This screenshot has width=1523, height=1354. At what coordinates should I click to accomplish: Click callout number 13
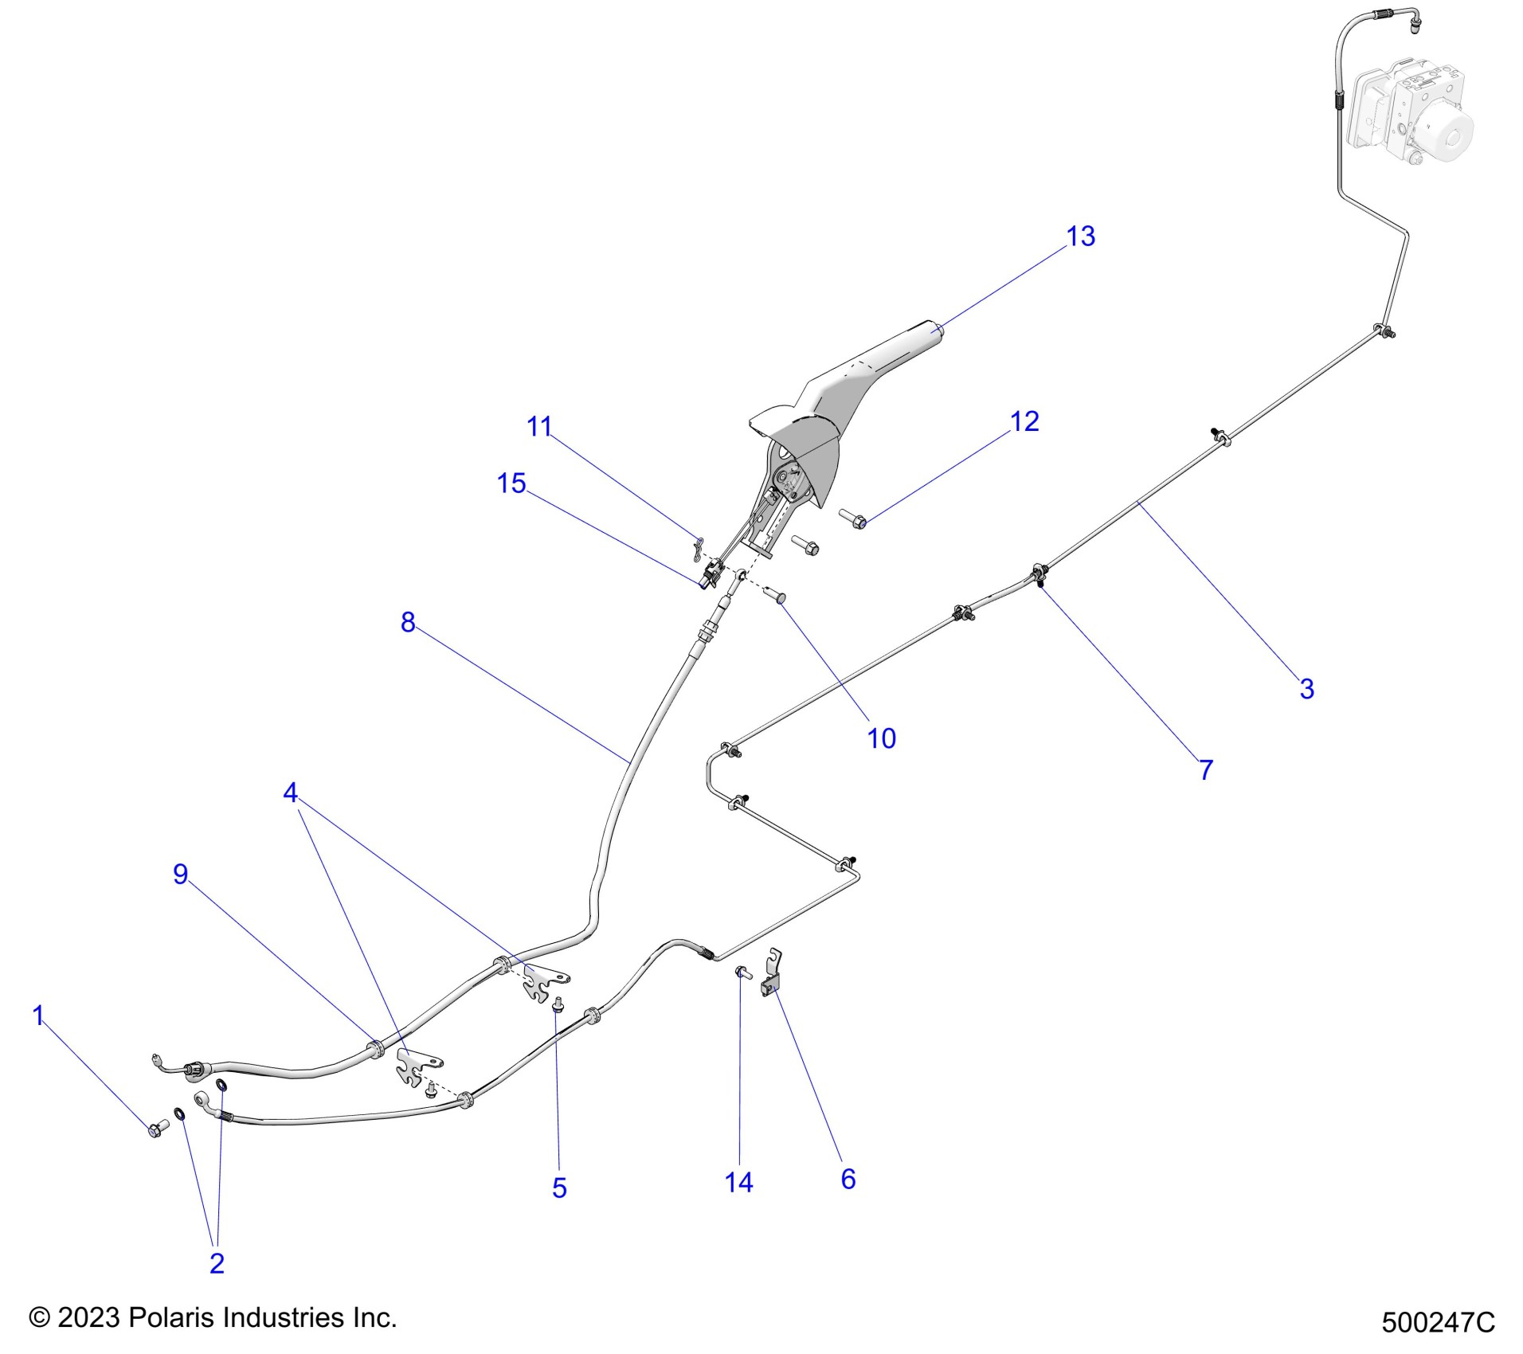(1080, 237)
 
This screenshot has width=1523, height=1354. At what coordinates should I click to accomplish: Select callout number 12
(1024, 421)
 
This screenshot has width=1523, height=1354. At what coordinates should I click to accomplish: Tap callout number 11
(539, 427)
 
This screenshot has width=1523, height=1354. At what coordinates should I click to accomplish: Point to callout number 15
(511, 483)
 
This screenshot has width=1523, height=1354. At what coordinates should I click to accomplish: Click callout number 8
(408, 622)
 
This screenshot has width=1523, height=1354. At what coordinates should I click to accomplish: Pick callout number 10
(881, 738)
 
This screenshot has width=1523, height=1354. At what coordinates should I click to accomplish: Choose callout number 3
(1306, 689)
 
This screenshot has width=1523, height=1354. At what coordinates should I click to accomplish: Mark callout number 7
(1206, 770)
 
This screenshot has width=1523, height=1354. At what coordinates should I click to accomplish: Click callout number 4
(291, 792)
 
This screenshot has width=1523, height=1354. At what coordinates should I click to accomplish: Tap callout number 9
(181, 875)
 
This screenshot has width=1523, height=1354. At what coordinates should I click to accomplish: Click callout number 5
(559, 1188)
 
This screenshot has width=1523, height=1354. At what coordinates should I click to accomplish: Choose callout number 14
(738, 1182)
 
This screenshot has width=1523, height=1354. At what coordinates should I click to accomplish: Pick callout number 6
(848, 1179)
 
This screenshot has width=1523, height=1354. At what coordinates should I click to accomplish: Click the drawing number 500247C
(1438, 1322)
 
